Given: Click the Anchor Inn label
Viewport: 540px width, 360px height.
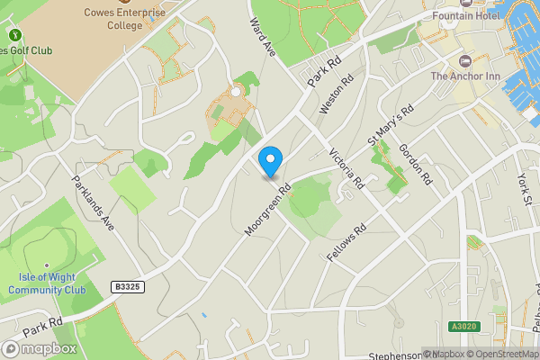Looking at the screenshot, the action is tap(464, 76).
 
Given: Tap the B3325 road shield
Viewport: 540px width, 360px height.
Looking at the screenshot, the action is tap(128, 286).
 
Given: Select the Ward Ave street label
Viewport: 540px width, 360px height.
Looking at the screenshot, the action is tap(262, 37).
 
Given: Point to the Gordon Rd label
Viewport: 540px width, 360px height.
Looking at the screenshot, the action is tap(416, 164).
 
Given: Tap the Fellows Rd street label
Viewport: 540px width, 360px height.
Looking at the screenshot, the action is tap(349, 243).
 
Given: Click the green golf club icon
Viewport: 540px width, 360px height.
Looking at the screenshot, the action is tap(15, 35).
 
